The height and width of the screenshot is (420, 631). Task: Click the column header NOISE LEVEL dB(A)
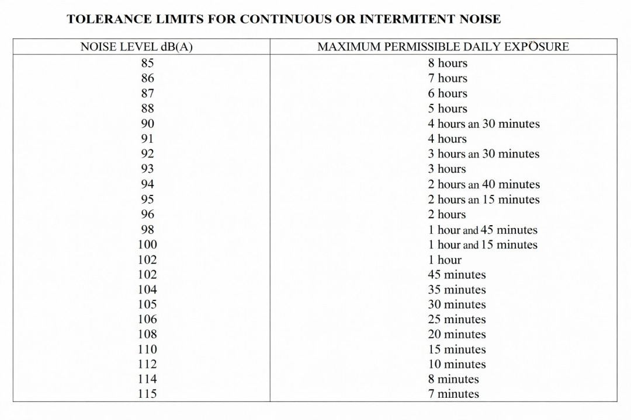pyautogui.click(x=136, y=47)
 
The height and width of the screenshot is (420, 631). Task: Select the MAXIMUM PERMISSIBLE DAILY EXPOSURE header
pyautogui.click(x=443, y=47)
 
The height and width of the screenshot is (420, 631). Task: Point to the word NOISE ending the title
pyautogui.click(x=477, y=19)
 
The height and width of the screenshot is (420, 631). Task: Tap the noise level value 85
pyautogui.click(x=147, y=63)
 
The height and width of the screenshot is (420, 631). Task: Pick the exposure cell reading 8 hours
pyautogui.click(x=448, y=63)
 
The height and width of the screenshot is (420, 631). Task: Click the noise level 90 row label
pyautogui.click(x=147, y=124)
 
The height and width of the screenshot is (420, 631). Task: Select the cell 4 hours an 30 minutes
pyautogui.click(x=483, y=124)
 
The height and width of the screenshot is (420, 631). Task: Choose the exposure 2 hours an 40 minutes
pyautogui.click(x=483, y=184)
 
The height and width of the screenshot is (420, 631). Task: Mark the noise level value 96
pyautogui.click(x=147, y=215)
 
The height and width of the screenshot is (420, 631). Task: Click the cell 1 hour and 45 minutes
pyautogui.click(x=482, y=230)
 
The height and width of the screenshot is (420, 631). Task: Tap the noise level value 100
pyautogui.click(x=147, y=245)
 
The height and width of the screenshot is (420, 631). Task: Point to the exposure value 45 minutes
pyautogui.click(x=456, y=275)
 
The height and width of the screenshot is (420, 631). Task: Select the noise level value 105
pyautogui.click(x=147, y=304)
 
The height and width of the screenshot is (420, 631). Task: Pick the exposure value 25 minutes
pyautogui.click(x=456, y=320)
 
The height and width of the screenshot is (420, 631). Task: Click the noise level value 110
pyautogui.click(x=147, y=349)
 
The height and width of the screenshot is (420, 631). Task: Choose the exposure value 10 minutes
pyautogui.click(x=456, y=365)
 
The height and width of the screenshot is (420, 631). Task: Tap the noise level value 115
pyautogui.click(x=147, y=394)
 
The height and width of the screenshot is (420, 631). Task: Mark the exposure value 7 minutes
pyautogui.click(x=453, y=394)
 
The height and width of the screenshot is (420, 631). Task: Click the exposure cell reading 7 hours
pyautogui.click(x=448, y=78)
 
